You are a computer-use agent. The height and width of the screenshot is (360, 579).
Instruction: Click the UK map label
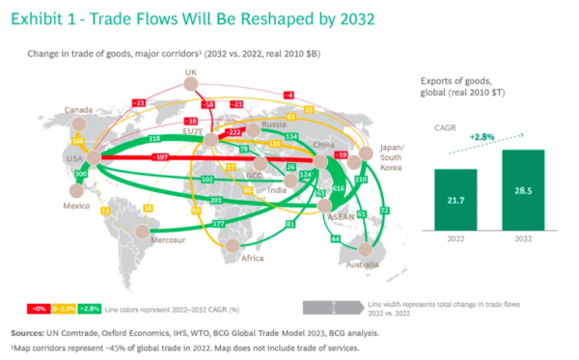pyautogui.click(x=190, y=73)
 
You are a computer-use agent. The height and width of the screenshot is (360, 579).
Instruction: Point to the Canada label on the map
pyautogui.click(x=78, y=108)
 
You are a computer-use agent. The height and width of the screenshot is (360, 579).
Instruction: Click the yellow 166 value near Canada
pyautogui.click(x=79, y=142)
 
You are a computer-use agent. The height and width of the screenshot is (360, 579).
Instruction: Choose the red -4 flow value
pyautogui.click(x=289, y=95)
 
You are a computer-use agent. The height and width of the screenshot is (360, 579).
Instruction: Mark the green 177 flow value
pyautogui.click(x=218, y=223)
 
